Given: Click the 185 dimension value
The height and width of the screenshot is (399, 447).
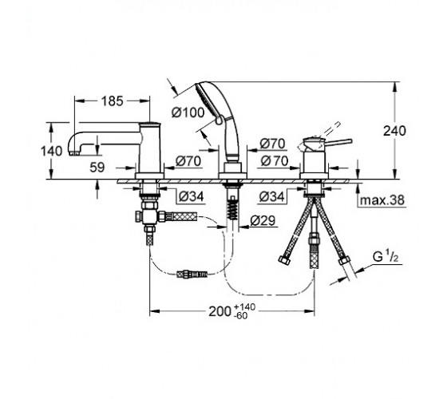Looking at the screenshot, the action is click(x=113, y=101).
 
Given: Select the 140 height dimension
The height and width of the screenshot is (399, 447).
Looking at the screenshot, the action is click(x=51, y=151).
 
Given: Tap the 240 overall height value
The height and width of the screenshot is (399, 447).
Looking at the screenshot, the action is click(x=394, y=131).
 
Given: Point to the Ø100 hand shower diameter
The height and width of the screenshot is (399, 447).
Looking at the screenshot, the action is click(x=188, y=113).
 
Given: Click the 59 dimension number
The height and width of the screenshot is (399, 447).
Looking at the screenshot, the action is click(x=97, y=168).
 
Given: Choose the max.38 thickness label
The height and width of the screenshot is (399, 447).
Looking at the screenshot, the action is click(x=382, y=200).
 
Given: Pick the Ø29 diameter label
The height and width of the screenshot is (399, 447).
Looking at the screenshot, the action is click(x=263, y=220).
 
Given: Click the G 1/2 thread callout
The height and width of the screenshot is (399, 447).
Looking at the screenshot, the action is click(x=386, y=257).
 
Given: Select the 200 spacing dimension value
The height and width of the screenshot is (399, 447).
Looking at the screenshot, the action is click(x=220, y=311).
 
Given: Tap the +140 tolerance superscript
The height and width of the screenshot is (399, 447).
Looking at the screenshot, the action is click(x=244, y=307).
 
